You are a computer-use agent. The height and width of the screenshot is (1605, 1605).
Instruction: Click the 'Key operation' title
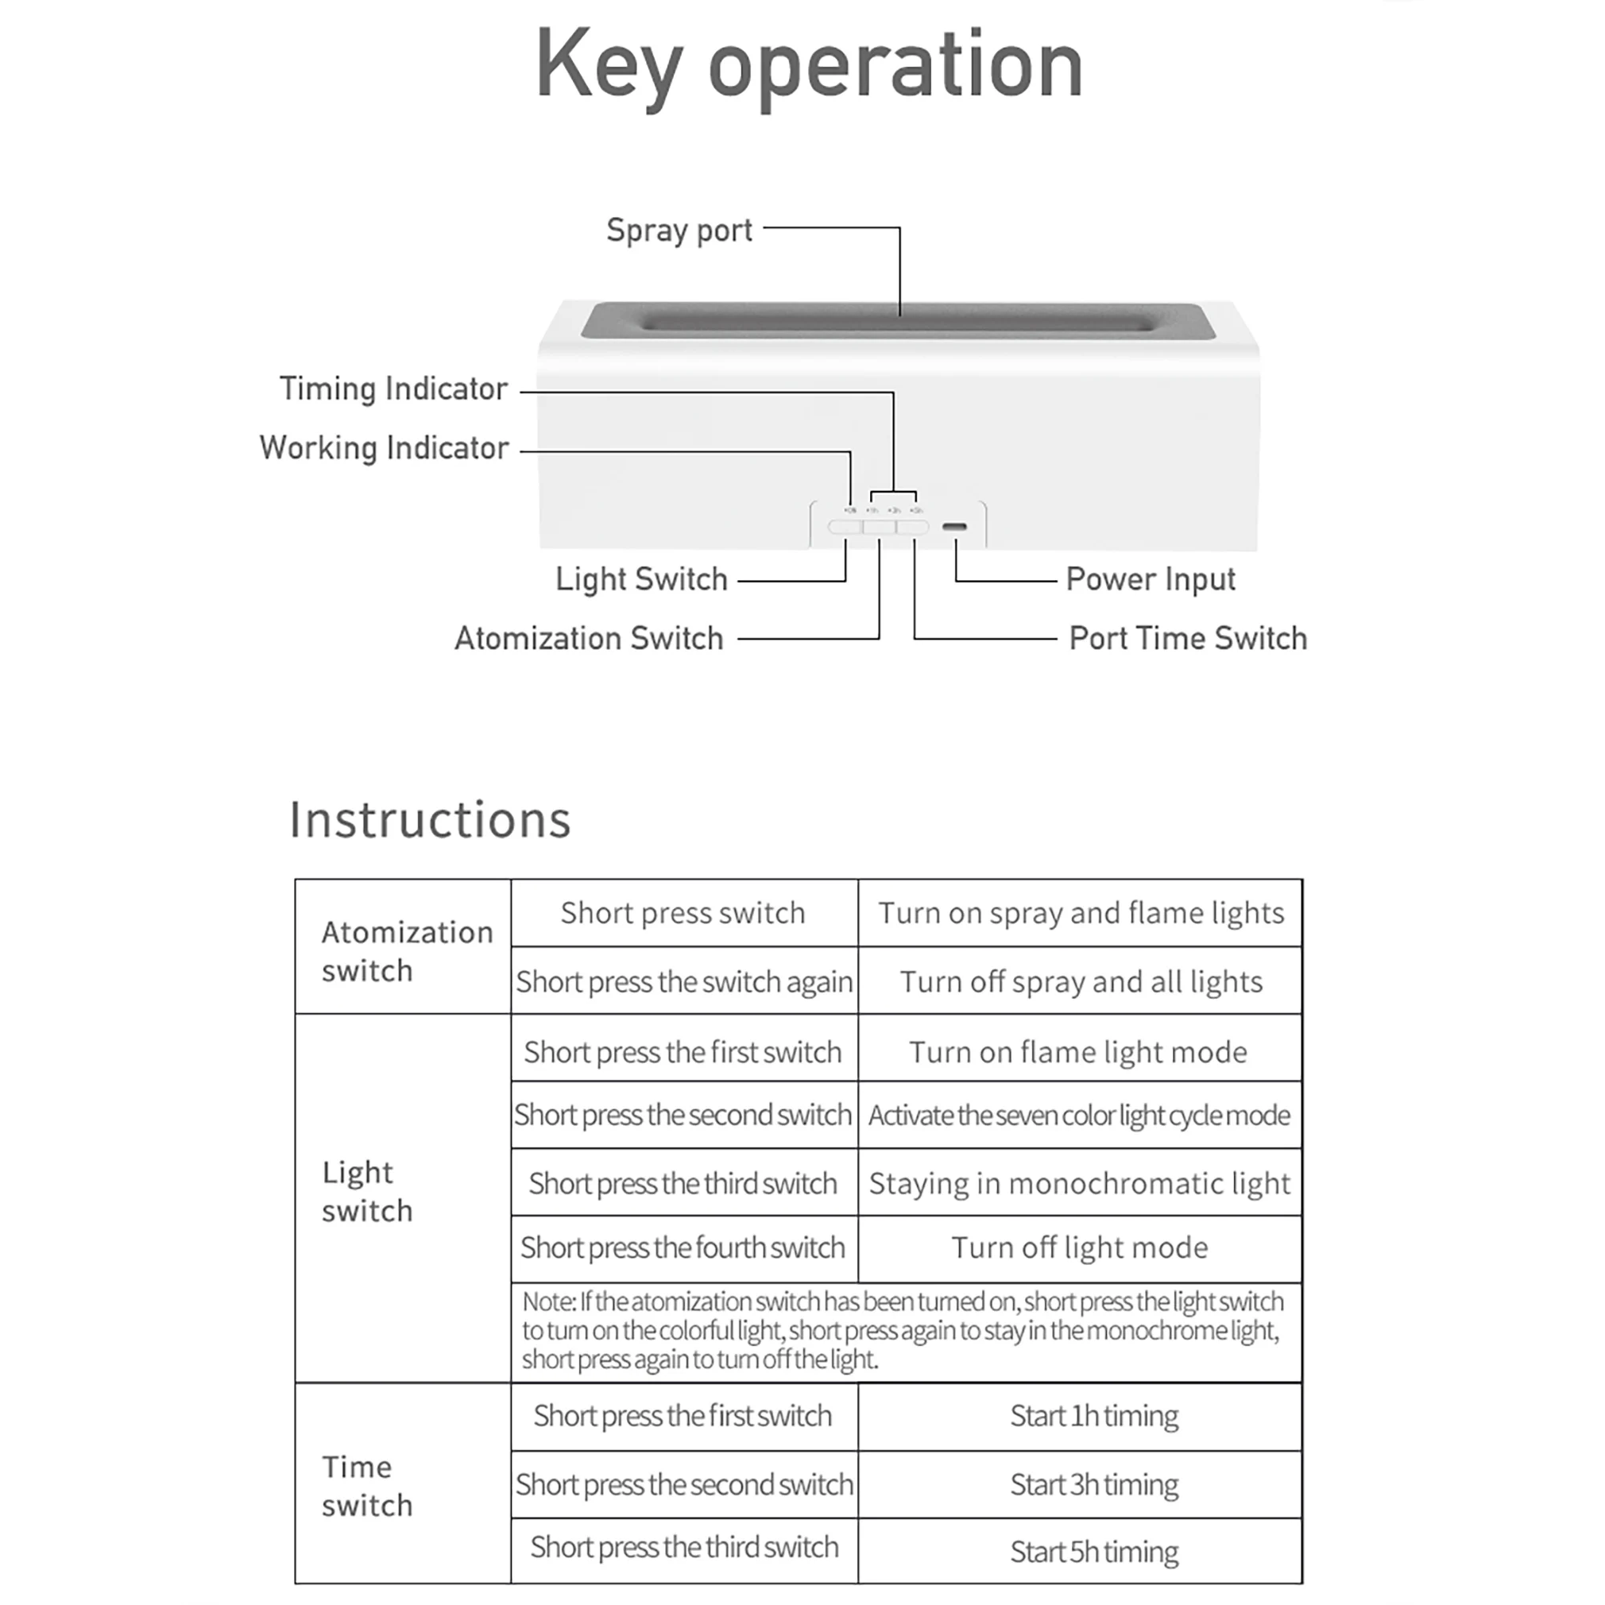pyautogui.click(x=809, y=67)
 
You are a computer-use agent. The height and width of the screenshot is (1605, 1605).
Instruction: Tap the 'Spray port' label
pyautogui.click(x=679, y=230)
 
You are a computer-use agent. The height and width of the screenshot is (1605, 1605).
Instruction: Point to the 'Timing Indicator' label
pyautogui.click(x=393, y=389)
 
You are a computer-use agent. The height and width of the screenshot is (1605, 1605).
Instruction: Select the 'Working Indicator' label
pyautogui.click(x=384, y=448)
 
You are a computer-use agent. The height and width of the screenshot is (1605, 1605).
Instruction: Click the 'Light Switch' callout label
pyautogui.click(x=641, y=579)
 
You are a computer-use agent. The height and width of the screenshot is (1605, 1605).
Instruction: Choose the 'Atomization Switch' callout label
pyautogui.click(x=589, y=638)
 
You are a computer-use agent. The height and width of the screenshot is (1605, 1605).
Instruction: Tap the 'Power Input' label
pyautogui.click(x=1151, y=579)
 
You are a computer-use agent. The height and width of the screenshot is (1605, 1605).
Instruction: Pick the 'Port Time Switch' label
pyautogui.click(x=1188, y=638)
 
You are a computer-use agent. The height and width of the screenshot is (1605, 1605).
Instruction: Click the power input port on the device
pyautogui.click(x=954, y=527)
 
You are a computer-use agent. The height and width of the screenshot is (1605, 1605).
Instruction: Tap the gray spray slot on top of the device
pyautogui.click(x=899, y=321)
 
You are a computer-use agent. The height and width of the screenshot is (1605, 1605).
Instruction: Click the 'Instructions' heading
pyautogui.click(x=431, y=820)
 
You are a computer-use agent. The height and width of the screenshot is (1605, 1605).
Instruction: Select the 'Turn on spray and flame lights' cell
pyautogui.click(x=1081, y=913)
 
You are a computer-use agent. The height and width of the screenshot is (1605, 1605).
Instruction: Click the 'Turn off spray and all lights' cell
pyautogui.click(x=1081, y=982)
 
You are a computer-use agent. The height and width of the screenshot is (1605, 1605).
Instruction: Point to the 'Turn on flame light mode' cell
pyautogui.click(x=1078, y=1052)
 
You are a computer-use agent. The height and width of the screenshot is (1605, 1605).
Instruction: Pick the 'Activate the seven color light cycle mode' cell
pyautogui.click(x=1079, y=1115)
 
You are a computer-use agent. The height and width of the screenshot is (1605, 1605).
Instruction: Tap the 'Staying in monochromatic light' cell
pyautogui.click(x=1079, y=1183)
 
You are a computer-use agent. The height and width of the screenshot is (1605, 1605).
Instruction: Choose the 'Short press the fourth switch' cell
pyautogui.click(x=683, y=1247)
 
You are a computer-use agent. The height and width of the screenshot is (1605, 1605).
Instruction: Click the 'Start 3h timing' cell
pyautogui.click(x=1094, y=1484)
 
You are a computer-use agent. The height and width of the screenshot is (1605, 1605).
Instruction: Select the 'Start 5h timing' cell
pyautogui.click(x=1094, y=1552)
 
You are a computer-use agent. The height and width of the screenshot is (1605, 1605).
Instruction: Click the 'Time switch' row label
pyautogui.click(x=367, y=1486)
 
